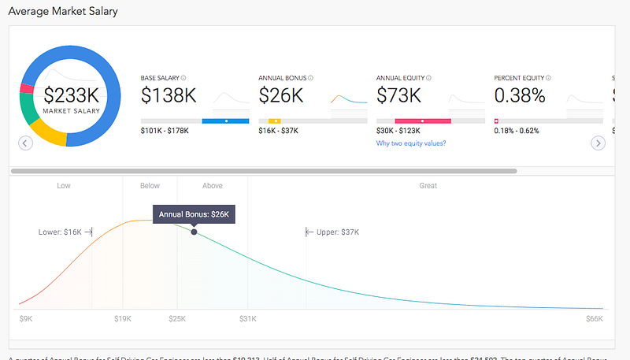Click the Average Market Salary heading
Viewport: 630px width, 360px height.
(x=62, y=12)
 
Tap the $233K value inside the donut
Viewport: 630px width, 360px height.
(x=71, y=95)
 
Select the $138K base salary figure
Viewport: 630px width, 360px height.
(x=169, y=96)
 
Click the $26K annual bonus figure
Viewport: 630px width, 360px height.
(x=280, y=96)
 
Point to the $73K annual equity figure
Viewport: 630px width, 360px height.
(x=398, y=96)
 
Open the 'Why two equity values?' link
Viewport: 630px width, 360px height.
(x=411, y=143)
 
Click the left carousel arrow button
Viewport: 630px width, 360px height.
(x=25, y=143)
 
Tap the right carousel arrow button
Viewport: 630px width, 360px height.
(x=598, y=143)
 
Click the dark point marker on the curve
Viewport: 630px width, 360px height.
(x=194, y=231)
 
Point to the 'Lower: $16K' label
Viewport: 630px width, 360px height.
(x=61, y=232)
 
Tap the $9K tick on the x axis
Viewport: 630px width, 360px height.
(x=27, y=318)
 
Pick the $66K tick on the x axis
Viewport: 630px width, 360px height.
(x=594, y=318)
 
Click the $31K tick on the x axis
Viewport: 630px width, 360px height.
(x=248, y=318)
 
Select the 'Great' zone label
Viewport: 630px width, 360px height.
(x=428, y=186)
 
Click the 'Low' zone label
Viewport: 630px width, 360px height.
(x=65, y=186)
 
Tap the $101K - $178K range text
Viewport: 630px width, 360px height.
(x=165, y=131)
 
